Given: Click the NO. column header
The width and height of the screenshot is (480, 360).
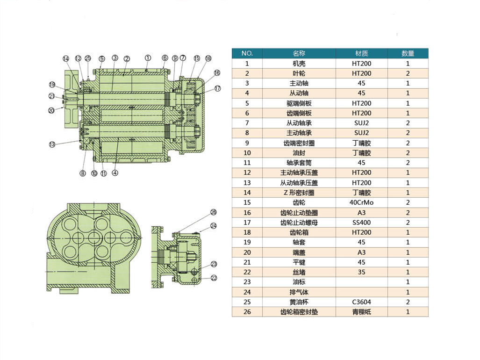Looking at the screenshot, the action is pyautogui.click(x=247, y=53).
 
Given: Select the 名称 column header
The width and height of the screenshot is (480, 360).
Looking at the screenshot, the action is pyautogui.click(x=299, y=53).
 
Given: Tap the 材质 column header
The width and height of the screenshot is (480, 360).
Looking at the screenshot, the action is pyautogui.click(x=362, y=53).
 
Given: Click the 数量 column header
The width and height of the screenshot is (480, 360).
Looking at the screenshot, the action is pyautogui.click(x=408, y=53).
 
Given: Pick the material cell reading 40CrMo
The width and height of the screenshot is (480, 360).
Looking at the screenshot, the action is pyautogui.click(x=362, y=202).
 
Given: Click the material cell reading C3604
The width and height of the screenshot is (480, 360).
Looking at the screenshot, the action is pyautogui.click(x=362, y=302).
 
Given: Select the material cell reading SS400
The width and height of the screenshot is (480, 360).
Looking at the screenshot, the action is pyautogui.click(x=362, y=223).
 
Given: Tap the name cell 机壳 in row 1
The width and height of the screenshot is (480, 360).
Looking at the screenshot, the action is pyautogui.click(x=299, y=64).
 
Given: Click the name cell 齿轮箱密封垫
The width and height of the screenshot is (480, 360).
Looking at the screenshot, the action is pyautogui.click(x=299, y=312).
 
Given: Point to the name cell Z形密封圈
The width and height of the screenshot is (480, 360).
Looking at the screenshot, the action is pyautogui.click(x=299, y=193).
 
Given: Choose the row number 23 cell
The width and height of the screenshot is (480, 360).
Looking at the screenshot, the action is pyautogui.click(x=247, y=282).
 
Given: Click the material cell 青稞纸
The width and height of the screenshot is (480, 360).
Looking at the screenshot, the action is pyautogui.click(x=362, y=312).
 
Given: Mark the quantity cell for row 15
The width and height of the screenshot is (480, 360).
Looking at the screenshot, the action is pyautogui.click(x=408, y=202).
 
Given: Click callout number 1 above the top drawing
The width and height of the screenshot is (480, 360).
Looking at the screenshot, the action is pyautogui.click(x=148, y=58).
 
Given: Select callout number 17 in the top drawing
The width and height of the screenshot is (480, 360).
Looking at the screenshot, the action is pyautogui.click(x=217, y=88).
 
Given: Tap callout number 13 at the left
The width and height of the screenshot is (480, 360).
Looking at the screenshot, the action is pyautogui.click(x=52, y=144).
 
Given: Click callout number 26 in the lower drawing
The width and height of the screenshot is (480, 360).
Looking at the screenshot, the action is pyautogui.click(x=214, y=212).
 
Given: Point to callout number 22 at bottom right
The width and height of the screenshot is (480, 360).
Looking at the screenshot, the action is pyautogui.click(x=214, y=278).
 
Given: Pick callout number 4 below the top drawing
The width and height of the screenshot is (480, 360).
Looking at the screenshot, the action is pyautogui.click(x=115, y=173).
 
